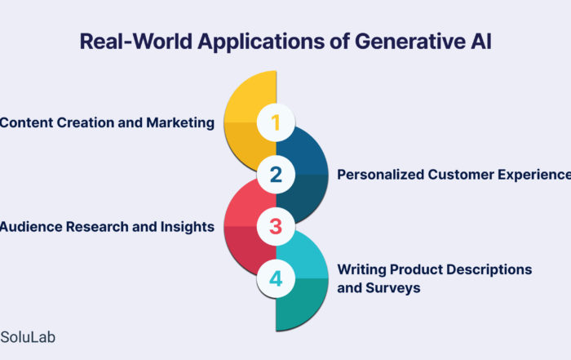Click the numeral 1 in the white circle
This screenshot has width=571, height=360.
point(276,122)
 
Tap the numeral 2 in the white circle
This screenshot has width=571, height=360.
point(276,175)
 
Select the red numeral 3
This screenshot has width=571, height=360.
point(276,226)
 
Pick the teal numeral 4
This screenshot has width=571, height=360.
point(276,278)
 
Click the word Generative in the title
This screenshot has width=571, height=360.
point(409,41)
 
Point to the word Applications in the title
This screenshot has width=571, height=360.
point(261,42)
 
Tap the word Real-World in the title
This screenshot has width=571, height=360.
point(136,41)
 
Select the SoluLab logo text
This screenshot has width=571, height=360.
point(28,337)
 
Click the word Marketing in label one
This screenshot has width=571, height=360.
point(180,123)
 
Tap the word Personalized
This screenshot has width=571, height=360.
point(380,175)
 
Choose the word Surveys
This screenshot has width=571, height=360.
point(393,288)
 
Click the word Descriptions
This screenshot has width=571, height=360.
point(489,270)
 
